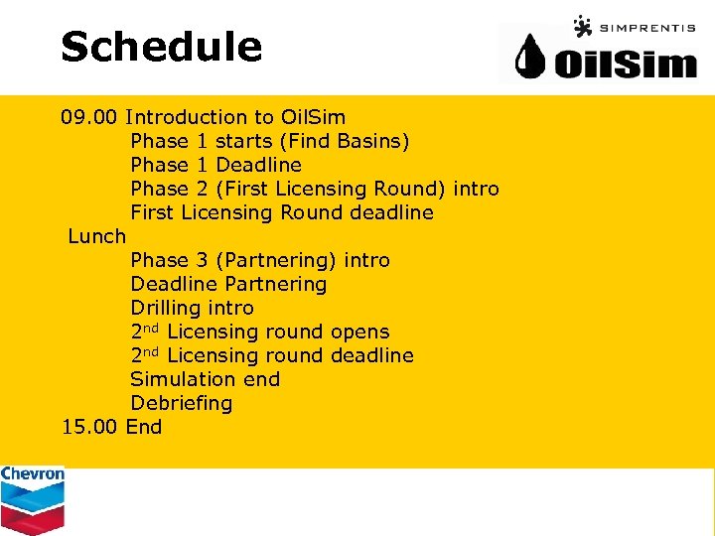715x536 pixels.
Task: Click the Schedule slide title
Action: tap(161, 47)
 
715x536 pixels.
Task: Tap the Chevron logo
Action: tap(32, 499)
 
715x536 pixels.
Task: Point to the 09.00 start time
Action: tap(90, 117)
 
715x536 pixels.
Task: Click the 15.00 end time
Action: tap(90, 427)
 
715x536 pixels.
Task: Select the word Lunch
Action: tap(97, 236)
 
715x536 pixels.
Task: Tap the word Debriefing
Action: tap(181, 403)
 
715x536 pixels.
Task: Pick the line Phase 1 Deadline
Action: tap(215, 165)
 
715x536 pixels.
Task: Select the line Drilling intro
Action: tap(192, 308)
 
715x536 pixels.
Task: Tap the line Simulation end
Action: tap(205, 379)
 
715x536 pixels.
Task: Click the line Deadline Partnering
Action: tap(227, 284)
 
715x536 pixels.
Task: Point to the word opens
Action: tap(359, 332)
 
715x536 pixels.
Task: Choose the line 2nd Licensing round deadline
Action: tap(271, 355)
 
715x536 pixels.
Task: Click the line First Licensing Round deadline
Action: tap(281, 212)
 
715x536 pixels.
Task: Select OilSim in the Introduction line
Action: tap(313, 117)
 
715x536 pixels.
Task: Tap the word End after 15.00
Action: tap(144, 427)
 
